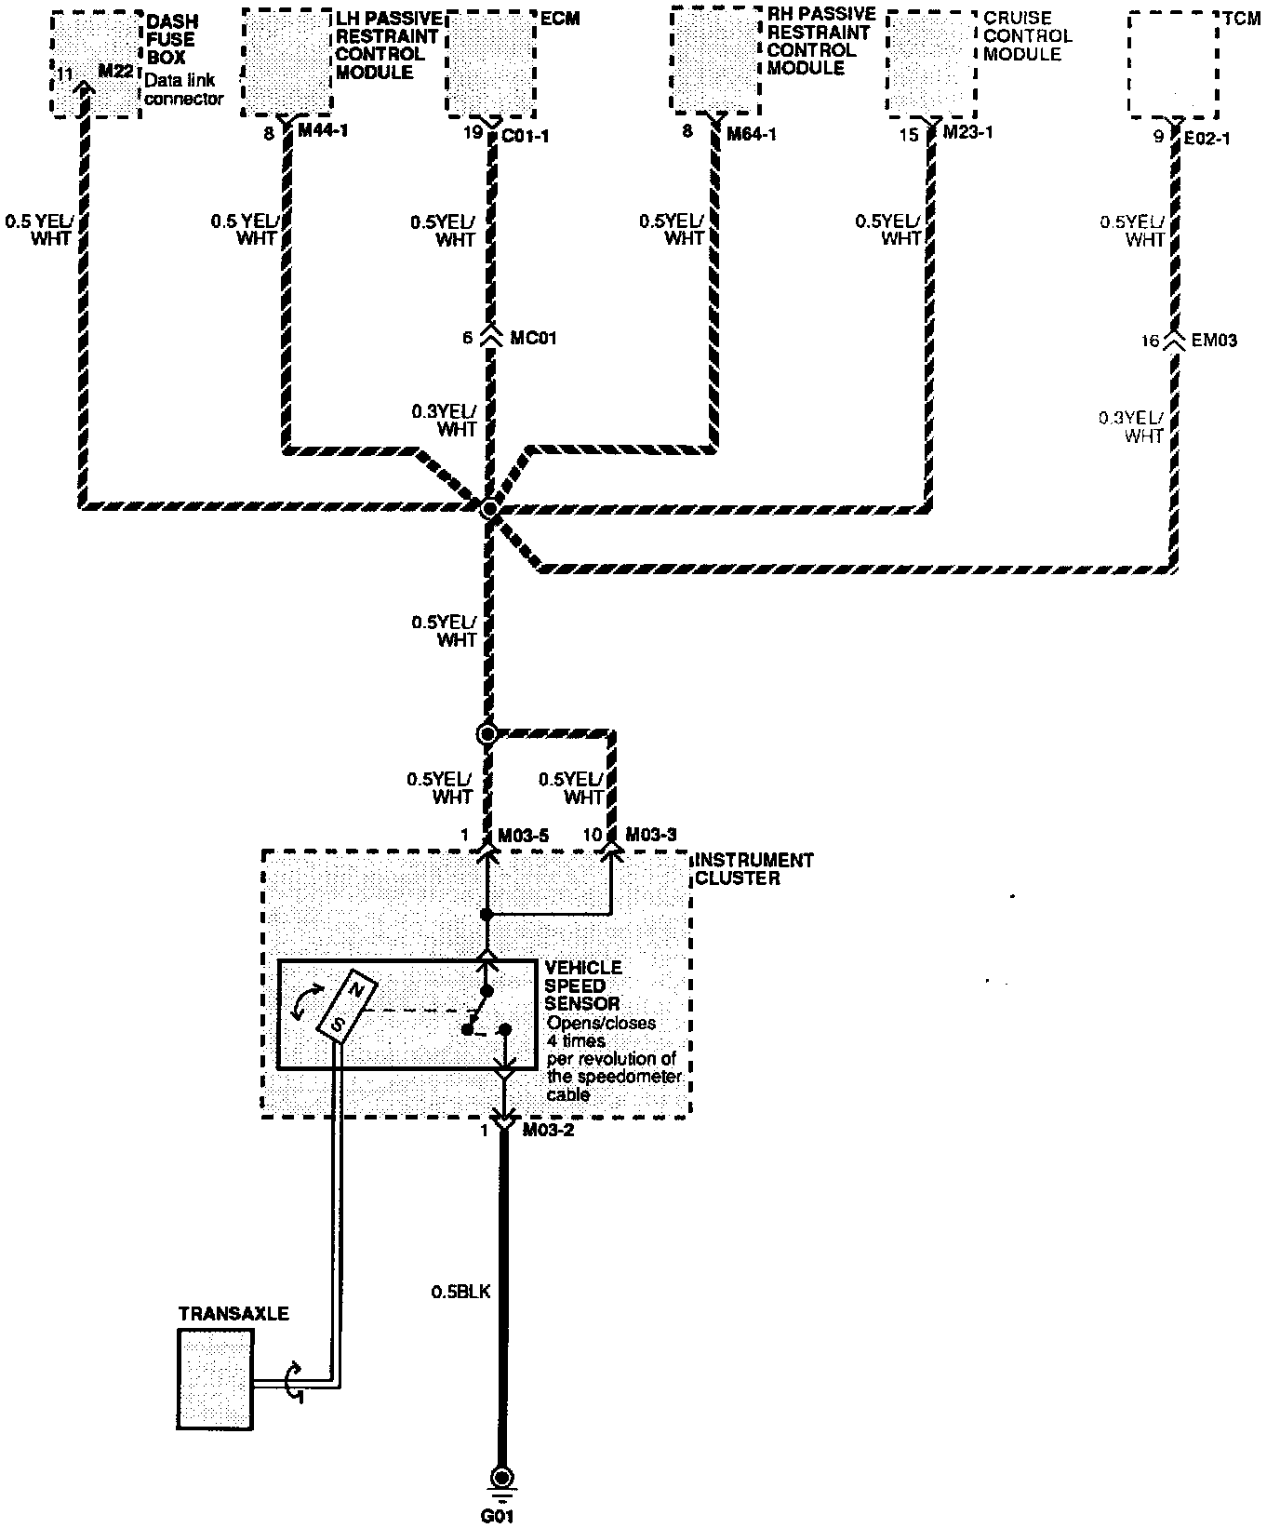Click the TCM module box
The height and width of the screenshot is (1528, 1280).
(x=1173, y=64)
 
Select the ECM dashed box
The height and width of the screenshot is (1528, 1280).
(x=491, y=64)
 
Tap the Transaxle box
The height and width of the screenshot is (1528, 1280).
(x=215, y=1378)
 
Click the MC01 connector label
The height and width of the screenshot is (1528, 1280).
(x=534, y=338)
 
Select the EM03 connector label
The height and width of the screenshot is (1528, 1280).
(x=1215, y=341)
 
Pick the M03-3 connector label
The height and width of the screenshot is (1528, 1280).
(x=651, y=834)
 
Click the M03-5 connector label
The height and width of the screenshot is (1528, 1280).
(x=523, y=836)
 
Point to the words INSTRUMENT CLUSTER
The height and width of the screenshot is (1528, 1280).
(x=753, y=868)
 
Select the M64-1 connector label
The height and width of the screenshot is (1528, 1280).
(x=752, y=134)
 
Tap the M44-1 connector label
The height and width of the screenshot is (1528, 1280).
(x=322, y=132)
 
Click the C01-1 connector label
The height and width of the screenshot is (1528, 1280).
(x=526, y=135)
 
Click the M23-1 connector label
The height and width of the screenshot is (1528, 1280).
(x=967, y=132)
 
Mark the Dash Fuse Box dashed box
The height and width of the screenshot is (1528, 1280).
(x=96, y=64)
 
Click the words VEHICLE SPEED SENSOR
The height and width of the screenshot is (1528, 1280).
(x=583, y=985)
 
